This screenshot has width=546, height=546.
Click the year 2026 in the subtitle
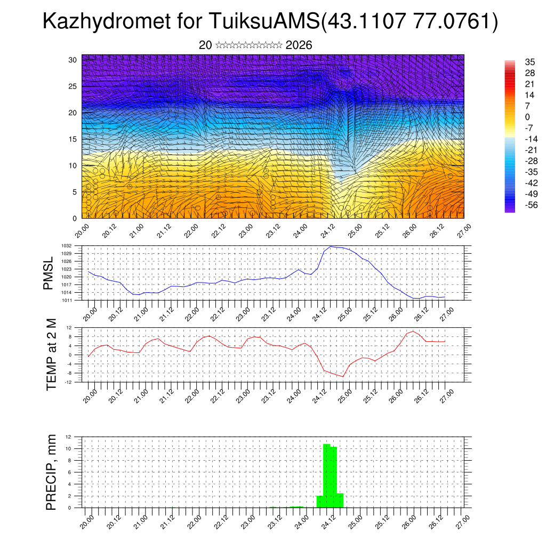coord(299,45)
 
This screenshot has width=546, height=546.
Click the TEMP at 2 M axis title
coord(51,355)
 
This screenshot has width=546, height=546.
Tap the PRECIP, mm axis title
coord(51,472)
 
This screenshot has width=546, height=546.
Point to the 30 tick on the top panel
coord(73,60)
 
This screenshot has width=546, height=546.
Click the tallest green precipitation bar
coord(326,475)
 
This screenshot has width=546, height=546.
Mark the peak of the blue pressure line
coord(331,246)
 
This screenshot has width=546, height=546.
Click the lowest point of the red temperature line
coord(343,376)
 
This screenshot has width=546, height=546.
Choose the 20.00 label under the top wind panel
coord(82,231)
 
